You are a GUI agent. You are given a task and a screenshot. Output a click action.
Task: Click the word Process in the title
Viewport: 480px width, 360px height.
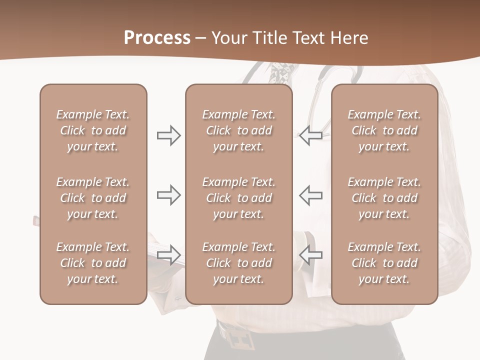(157, 38)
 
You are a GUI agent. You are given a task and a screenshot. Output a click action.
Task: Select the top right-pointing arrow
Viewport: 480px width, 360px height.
(168, 135)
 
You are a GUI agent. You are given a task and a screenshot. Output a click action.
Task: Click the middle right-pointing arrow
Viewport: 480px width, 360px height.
(168, 195)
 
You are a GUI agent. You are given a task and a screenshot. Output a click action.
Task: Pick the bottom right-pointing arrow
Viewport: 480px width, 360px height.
(168, 255)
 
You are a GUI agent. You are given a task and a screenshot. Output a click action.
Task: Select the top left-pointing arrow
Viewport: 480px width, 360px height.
(311, 135)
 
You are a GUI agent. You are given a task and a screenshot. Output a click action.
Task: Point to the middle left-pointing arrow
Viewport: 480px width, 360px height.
(311, 195)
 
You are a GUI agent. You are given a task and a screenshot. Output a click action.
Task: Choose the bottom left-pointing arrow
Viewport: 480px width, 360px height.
(311, 255)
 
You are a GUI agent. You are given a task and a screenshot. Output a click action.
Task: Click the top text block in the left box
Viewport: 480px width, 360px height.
(93, 130)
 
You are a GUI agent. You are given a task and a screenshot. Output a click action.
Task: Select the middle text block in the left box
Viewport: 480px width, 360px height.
(93, 198)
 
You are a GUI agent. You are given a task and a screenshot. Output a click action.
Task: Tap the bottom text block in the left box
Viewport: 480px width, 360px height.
(93, 263)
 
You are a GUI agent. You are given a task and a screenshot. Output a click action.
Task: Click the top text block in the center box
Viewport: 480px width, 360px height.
(238, 130)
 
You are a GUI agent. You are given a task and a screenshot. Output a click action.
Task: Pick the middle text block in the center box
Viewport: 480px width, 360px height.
(238, 198)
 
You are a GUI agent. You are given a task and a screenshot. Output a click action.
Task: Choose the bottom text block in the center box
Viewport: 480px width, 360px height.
(238, 263)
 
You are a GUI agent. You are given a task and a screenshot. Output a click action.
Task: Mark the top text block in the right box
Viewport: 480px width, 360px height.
(384, 130)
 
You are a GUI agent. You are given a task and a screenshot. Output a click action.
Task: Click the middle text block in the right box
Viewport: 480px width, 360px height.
(384, 198)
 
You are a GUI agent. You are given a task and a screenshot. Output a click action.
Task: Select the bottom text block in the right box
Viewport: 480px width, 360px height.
(384, 263)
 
